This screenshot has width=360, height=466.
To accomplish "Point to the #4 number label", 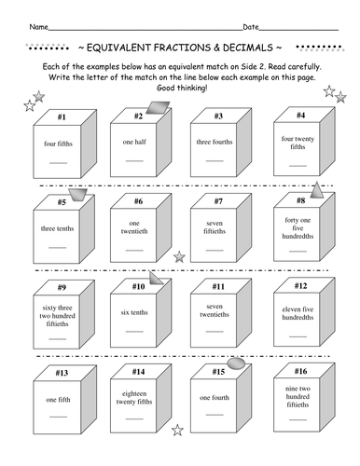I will [x=300, y=116].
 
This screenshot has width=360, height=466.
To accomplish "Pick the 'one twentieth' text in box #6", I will [x=137, y=226].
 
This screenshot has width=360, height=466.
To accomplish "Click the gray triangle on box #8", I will [x=318, y=190].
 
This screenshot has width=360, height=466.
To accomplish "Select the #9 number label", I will [x=58, y=287].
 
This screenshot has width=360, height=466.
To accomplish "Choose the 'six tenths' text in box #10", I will [x=136, y=311].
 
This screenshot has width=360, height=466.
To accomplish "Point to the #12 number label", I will [x=300, y=285].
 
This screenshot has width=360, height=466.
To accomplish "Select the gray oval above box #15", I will [x=237, y=360].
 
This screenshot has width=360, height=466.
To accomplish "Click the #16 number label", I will [x=300, y=370].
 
